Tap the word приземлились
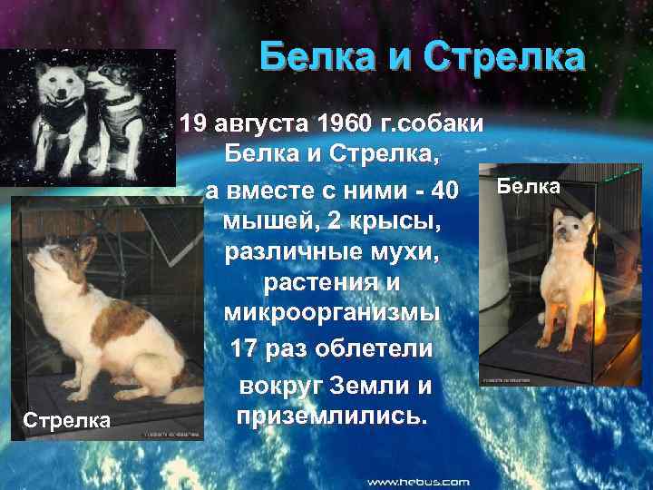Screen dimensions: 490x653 pos(331,415)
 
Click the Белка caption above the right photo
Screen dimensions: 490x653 pos(530,187)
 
